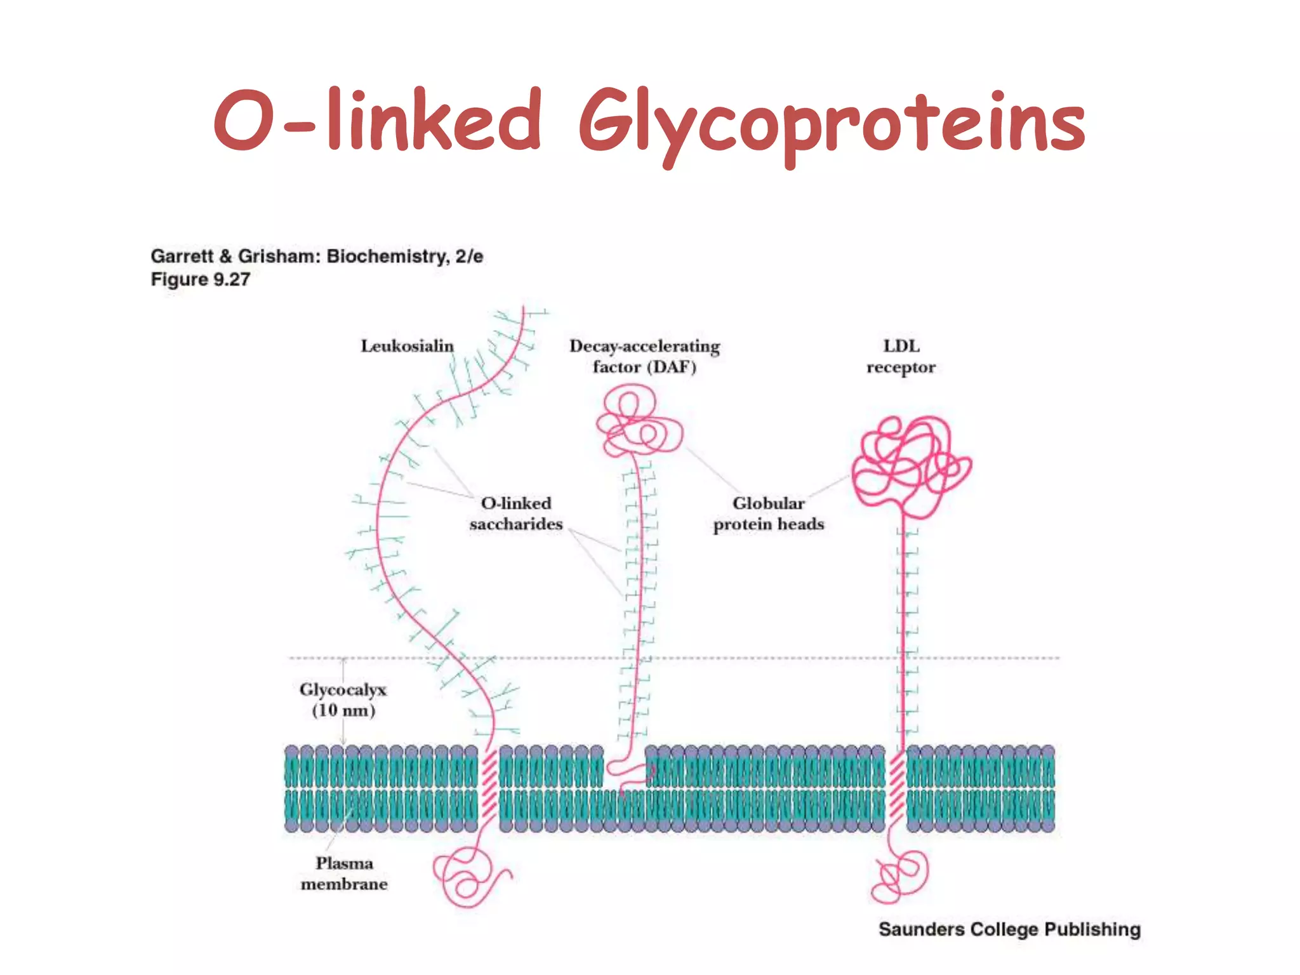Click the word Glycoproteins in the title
(832, 124)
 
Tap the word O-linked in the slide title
(377, 121)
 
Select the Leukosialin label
(407, 346)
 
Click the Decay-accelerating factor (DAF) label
(644, 356)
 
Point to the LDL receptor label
(901, 356)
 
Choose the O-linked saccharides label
(515, 514)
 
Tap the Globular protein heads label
(768, 514)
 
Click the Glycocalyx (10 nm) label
(343, 700)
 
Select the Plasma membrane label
(344, 873)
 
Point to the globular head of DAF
(638, 422)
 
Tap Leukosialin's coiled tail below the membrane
(470, 876)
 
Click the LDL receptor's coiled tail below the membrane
(898, 873)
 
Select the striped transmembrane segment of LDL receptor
(896, 787)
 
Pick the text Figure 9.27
(201, 279)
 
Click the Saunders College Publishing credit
(1009, 929)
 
